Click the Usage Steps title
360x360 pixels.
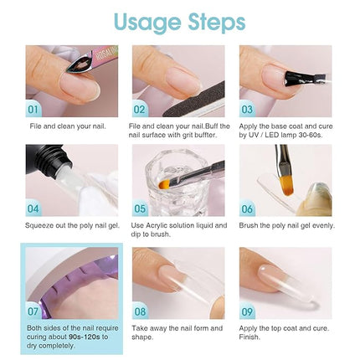tap(179, 21)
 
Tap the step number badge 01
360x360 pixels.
tap(34, 109)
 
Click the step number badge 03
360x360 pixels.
tap(248, 109)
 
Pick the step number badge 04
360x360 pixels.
tap(34, 208)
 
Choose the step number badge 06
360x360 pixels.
tap(248, 208)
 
